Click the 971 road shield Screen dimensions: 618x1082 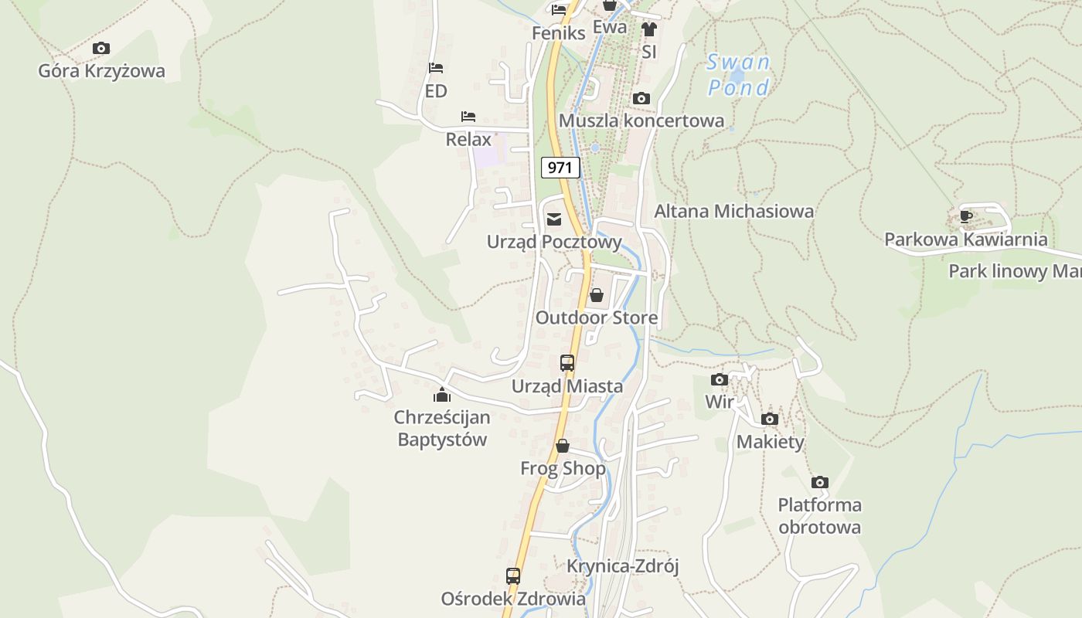560,167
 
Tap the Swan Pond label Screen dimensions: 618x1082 739,75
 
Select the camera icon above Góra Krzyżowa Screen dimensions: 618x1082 101,49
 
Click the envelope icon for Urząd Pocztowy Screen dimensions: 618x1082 554,219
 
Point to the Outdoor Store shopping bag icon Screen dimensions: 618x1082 597,295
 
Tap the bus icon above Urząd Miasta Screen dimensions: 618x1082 567,362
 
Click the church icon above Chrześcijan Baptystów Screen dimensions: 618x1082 442,395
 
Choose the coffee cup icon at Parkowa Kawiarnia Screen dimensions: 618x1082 965,216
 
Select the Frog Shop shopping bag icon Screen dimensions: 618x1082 563,446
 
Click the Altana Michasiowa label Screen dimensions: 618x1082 733,211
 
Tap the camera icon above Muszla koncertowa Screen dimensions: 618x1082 641,98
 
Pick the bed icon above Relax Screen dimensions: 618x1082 468,117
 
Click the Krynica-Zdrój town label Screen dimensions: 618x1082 622,566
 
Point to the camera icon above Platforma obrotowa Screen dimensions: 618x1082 820,483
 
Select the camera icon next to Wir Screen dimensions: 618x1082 720,379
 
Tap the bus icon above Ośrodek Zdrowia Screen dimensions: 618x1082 513,576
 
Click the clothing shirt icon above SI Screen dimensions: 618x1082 648,29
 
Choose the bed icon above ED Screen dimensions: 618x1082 436,68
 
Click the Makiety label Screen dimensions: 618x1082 770,442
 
